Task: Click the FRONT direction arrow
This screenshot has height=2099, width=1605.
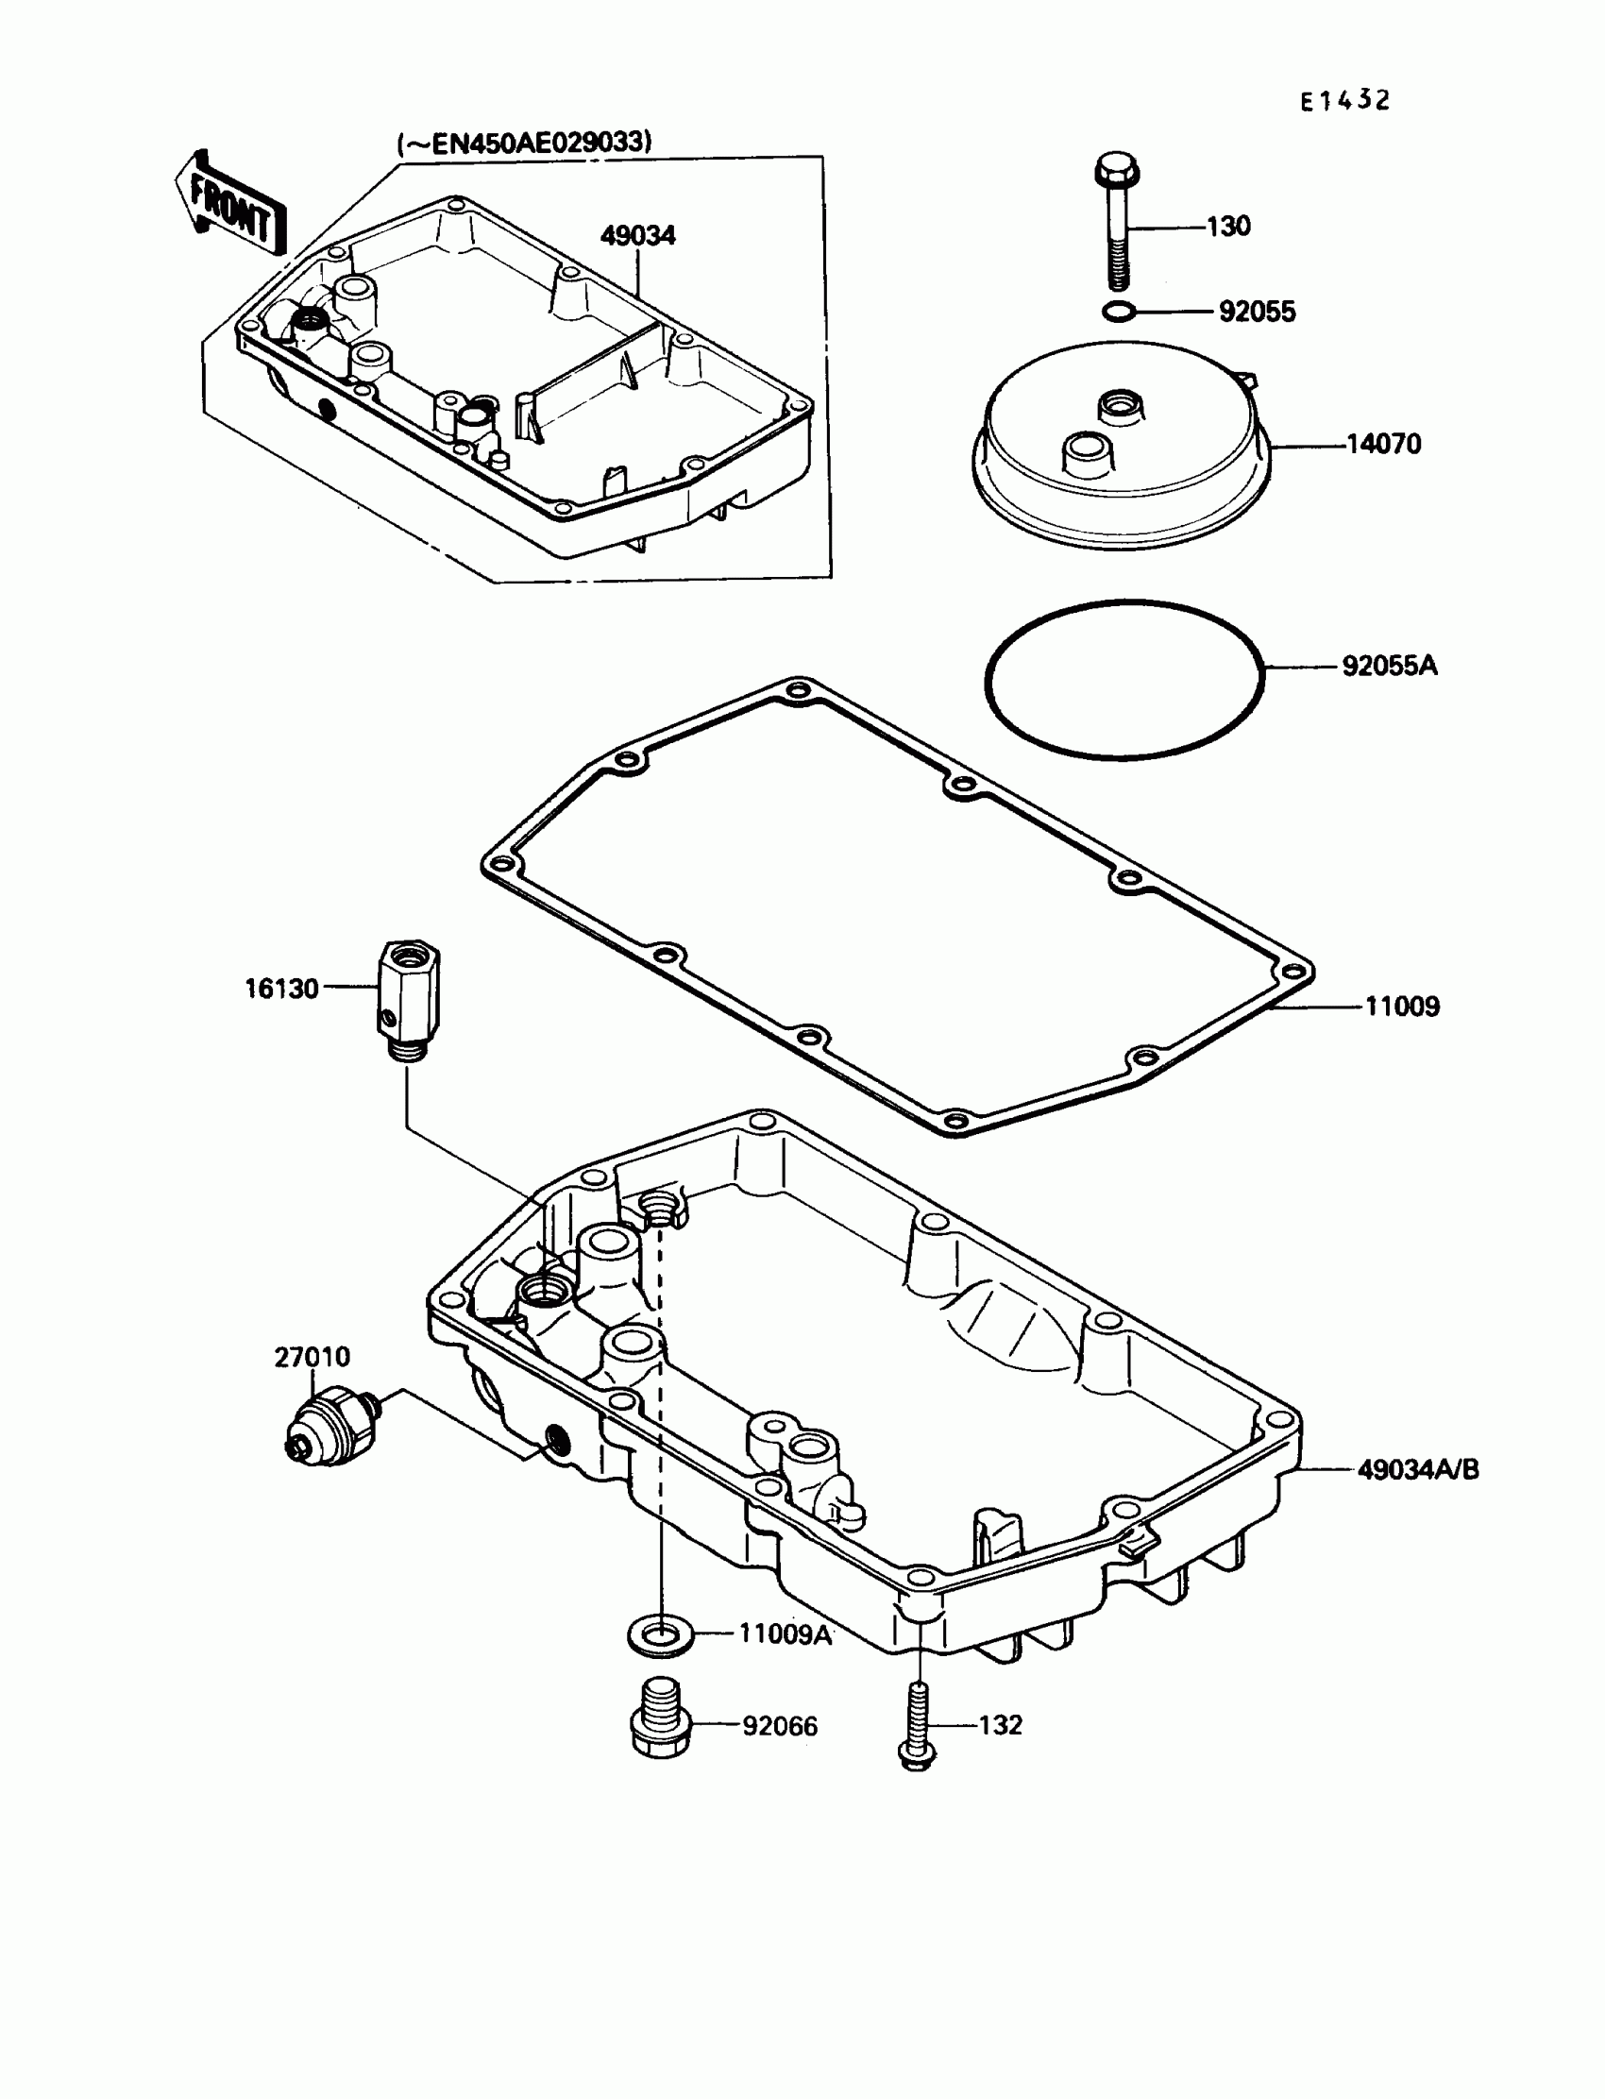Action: click(228, 205)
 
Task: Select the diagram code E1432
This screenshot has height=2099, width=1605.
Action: click(1344, 100)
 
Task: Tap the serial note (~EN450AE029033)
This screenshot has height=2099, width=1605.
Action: click(525, 144)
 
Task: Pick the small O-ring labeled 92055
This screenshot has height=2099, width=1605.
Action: click(1117, 312)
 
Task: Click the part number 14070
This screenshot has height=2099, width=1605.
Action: click(1383, 445)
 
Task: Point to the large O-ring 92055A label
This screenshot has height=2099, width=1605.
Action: click(1389, 666)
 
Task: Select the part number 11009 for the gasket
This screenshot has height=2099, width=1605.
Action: click(1401, 1006)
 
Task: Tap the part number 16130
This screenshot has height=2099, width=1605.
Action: click(281, 989)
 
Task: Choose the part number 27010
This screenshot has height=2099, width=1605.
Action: click(312, 1357)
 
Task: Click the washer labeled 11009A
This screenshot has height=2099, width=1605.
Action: click(660, 1636)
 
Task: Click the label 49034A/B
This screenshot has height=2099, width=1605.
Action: click(1418, 1469)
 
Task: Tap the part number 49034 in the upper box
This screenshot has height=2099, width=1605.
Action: click(637, 236)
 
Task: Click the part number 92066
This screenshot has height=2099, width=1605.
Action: click(780, 1726)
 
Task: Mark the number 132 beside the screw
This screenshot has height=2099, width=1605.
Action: click(1000, 1724)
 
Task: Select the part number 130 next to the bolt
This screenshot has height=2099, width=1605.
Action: click(1227, 227)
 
